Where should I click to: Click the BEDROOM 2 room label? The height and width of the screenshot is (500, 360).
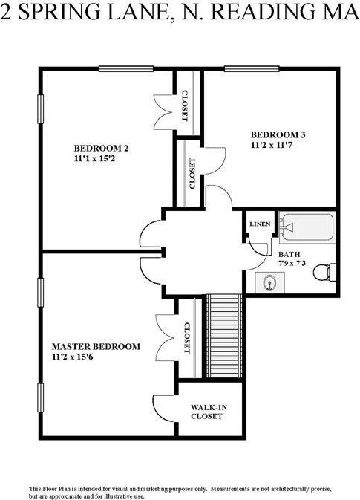click(x=101, y=149)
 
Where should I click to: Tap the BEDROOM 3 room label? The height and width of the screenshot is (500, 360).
click(x=278, y=135)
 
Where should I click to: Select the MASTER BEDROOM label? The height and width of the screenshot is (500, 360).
click(x=96, y=346)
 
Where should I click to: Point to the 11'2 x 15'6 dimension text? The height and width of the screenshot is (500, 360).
click(x=72, y=357)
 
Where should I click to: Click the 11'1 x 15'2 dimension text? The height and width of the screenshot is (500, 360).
click(x=94, y=158)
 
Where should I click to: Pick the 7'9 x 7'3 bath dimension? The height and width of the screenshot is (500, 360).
click(x=292, y=264)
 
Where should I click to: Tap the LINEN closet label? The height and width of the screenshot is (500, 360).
click(x=260, y=224)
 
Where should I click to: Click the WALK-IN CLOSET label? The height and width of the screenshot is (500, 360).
click(x=206, y=412)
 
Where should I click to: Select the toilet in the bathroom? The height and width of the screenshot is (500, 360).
click(x=324, y=272)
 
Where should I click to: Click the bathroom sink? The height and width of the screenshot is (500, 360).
click(x=270, y=282)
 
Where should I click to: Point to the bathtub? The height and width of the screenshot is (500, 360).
click(x=307, y=227)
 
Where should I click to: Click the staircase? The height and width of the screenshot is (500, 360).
click(x=225, y=336)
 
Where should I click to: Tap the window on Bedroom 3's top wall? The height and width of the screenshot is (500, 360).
click(x=252, y=68)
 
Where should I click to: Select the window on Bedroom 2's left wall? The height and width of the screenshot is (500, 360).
click(x=40, y=109)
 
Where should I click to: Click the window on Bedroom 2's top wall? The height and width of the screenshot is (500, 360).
click(x=126, y=68)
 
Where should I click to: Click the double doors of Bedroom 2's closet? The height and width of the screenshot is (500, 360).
click(x=164, y=112)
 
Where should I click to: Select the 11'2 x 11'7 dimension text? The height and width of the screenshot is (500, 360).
click(x=272, y=145)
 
